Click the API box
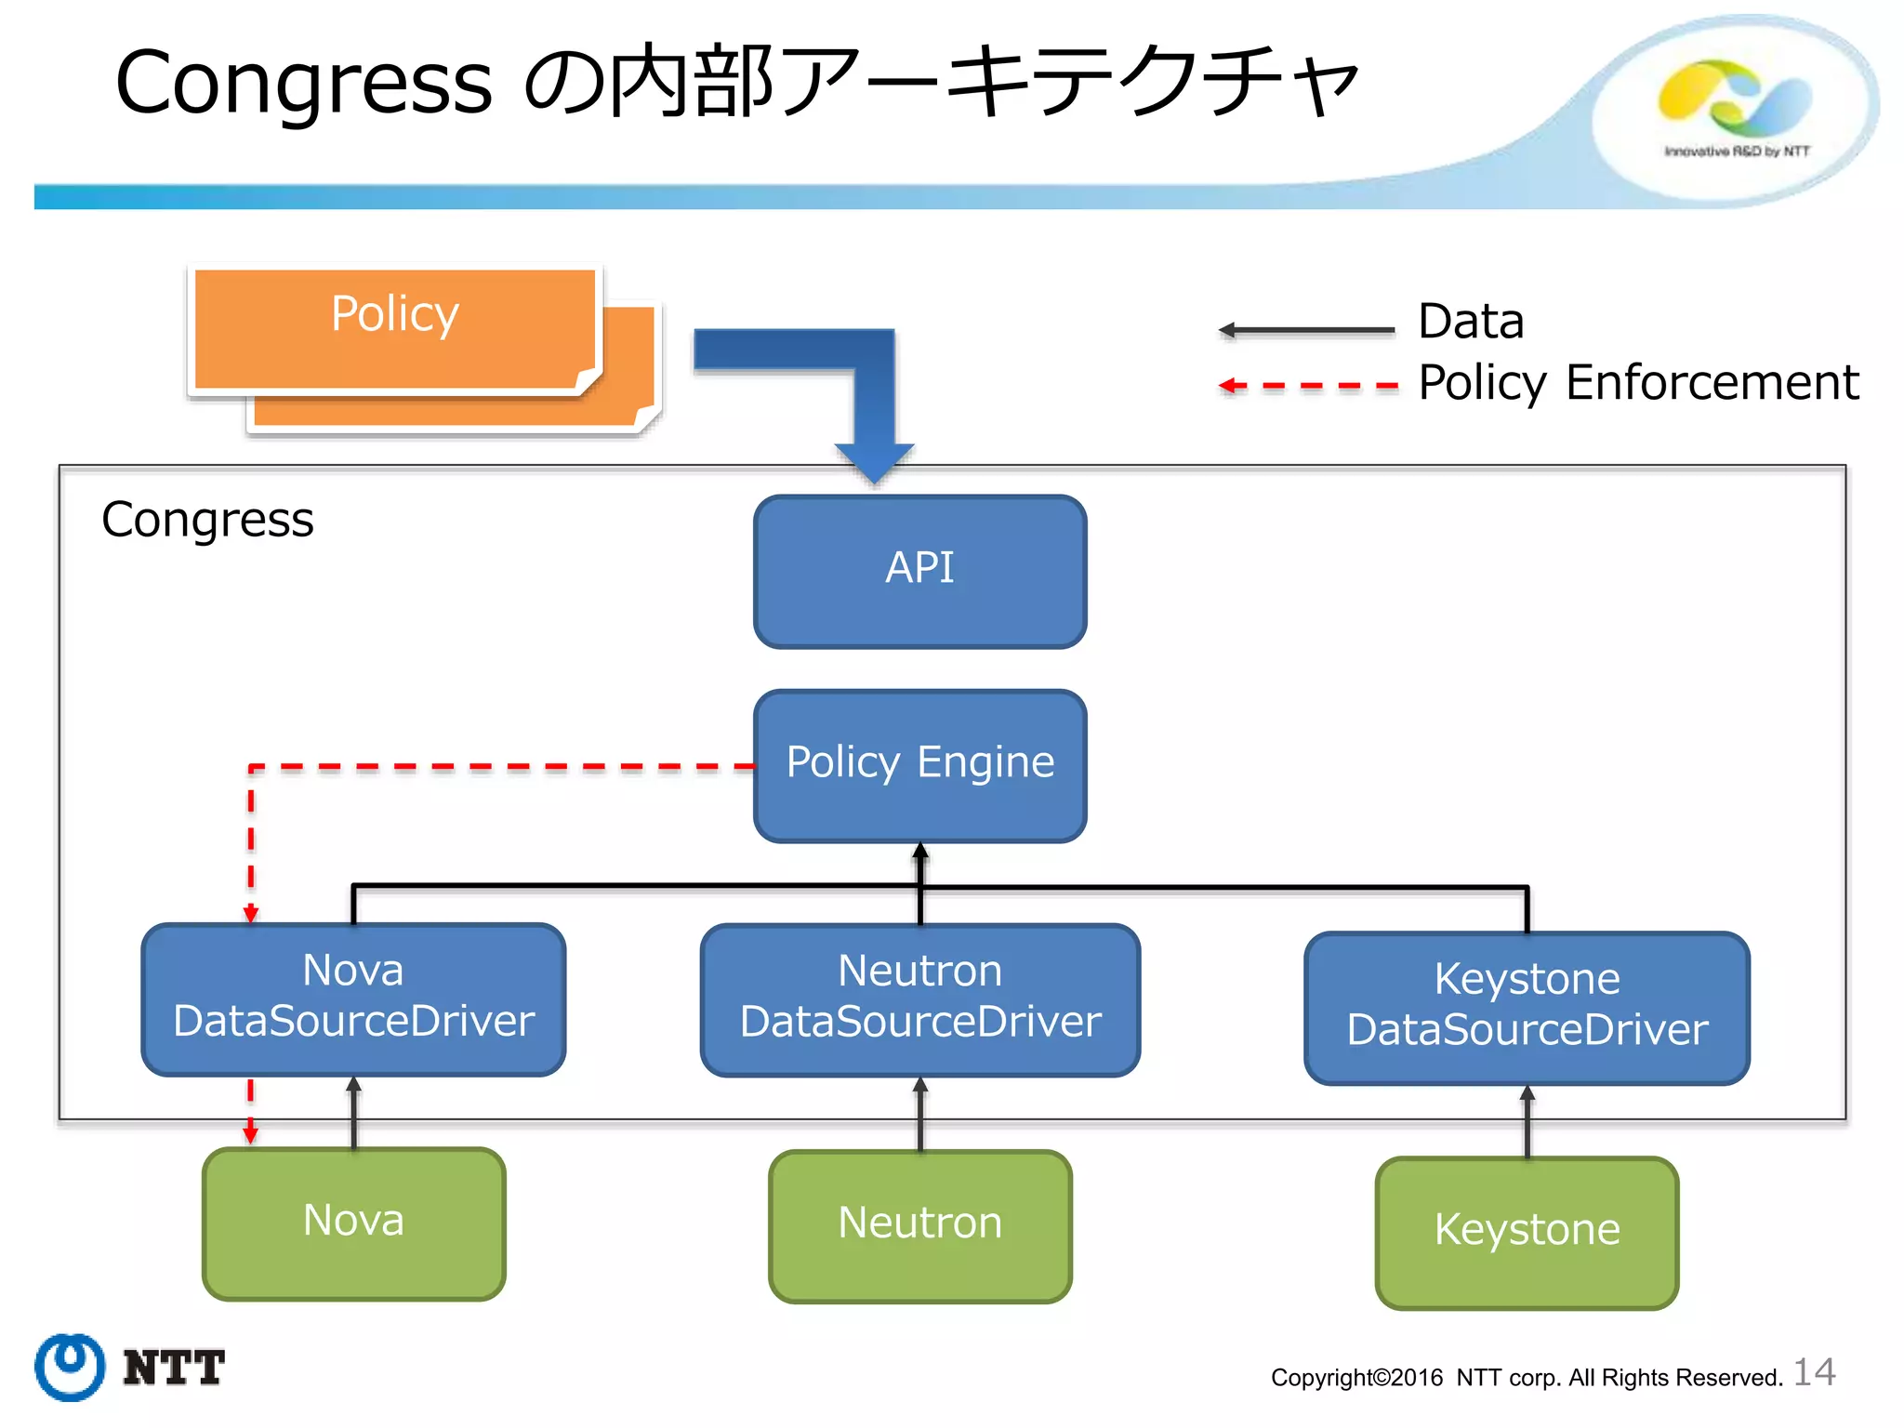(x=919, y=571)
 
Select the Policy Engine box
(x=919, y=765)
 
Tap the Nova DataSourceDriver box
(x=353, y=998)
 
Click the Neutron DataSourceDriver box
(x=919, y=999)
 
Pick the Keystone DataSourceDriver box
(x=1527, y=1007)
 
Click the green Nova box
(x=353, y=1223)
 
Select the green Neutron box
(x=919, y=1225)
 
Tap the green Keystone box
(x=1527, y=1232)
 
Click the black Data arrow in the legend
(x=1306, y=330)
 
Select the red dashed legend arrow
(x=1306, y=385)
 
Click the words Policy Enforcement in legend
(x=1637, y=383)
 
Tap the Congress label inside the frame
(x=207, y=520)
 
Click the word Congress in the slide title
(x=303, y=84)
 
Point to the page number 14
(x=1814, y=1372)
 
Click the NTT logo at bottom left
(x=130, y=1367)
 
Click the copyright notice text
(x=1526, y=1377)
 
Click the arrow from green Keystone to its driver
(x=1527, y=1122)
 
